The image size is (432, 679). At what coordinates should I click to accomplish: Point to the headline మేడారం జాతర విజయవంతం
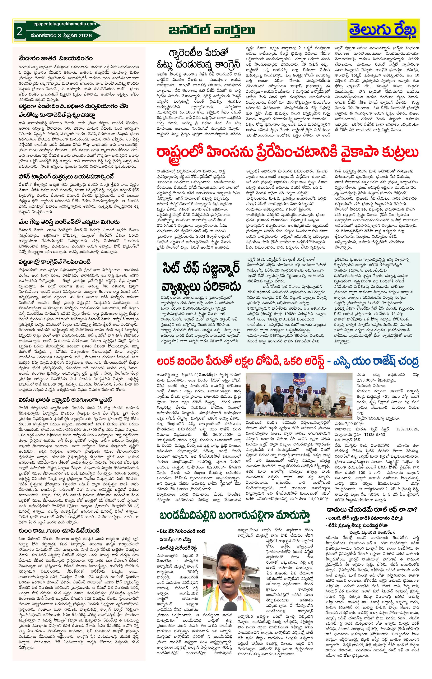(56, 58)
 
